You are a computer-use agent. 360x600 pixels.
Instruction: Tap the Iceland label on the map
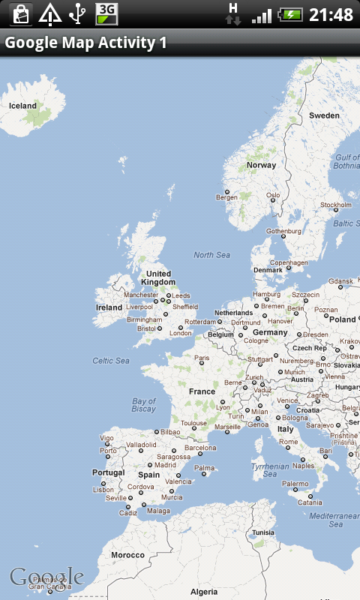(x=22, y=106)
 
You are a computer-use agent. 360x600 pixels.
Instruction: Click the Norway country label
(x=261, y=165)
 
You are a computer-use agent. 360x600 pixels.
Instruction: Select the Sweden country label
(x=324, y=115)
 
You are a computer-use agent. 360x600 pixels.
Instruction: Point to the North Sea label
(x=211, y=255)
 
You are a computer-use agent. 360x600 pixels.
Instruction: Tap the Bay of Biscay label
(x=143, y=405)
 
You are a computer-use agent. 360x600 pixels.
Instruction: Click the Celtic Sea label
(x=111, y=361)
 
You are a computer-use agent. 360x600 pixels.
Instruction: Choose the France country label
(x=202, y=391)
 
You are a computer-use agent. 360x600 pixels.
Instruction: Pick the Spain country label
(x=148, y=475)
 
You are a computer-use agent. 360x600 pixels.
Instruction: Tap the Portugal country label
(x=108, y=472)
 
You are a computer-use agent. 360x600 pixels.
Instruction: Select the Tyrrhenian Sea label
(x=270, y=469)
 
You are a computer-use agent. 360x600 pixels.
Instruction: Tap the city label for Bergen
(x=226, y=197)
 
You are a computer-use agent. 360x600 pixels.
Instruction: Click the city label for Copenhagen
(x=289, y=263)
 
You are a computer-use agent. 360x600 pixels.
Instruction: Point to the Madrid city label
(x=165, y=465)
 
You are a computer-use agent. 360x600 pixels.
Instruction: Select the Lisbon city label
(x=103, y=490)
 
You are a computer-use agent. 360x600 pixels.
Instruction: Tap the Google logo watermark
(x=46, y=577)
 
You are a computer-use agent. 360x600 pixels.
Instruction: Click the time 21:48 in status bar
(x=331, y=15)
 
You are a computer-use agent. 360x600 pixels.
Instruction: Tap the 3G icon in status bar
(x=107, y=13)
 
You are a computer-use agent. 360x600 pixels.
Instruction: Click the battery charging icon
(x=290, y=14)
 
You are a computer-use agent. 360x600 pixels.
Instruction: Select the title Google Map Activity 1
(x=85, y=43)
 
